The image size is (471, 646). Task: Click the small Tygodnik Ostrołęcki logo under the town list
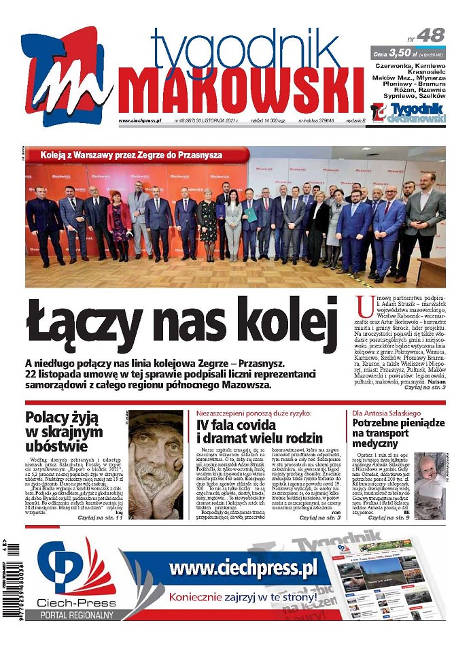pyautogui.click(x=408, y=112)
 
